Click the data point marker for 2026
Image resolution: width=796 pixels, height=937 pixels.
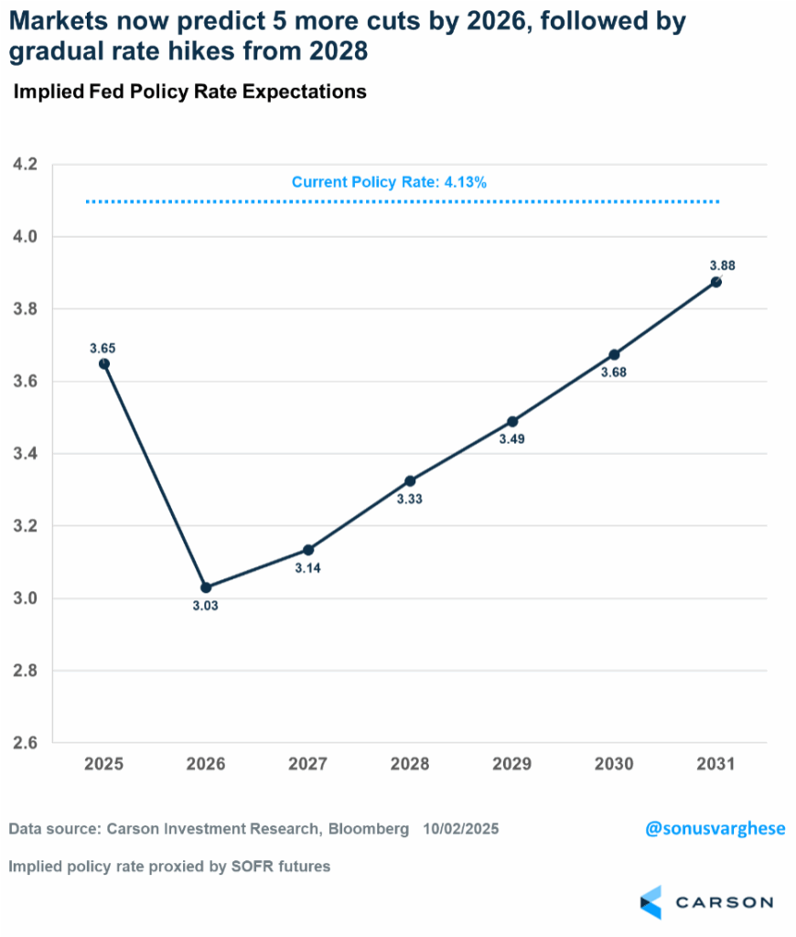coord(206,587)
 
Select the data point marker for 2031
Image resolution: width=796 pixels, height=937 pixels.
coord(715,282)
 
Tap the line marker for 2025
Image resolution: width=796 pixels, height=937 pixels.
coord(104,363)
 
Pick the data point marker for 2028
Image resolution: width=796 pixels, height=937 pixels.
coord(410,480)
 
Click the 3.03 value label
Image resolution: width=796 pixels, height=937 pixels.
coord(206,606)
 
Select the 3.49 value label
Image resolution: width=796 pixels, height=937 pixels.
coord(511,439)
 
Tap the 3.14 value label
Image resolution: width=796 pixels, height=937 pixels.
coord(308,568)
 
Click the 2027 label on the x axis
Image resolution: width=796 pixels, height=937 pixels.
coord(307,764)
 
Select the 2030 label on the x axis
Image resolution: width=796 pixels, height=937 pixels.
coord(613,764)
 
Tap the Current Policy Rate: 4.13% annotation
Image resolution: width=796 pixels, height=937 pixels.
coord(389,182)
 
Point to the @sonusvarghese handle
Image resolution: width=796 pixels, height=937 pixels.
coord(715,829)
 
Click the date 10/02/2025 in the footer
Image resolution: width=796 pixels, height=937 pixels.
coord(461,829)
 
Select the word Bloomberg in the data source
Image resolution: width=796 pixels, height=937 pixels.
coord(369,829)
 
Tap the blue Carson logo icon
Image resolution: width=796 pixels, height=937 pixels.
coord(651,901)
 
